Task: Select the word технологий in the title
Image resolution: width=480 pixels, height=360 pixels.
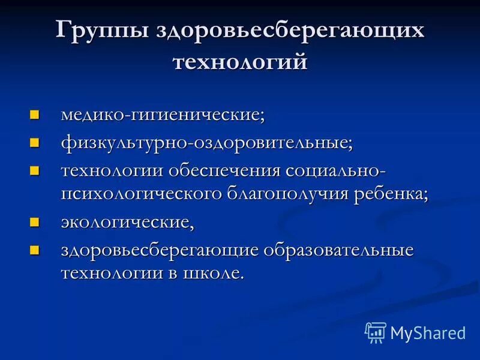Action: [240, 62]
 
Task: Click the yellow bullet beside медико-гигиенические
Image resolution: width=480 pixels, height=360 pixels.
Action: [35, 113]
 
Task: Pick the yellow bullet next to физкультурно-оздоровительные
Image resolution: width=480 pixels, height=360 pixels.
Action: [35, 142]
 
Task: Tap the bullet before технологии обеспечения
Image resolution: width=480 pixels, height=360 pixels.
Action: [35, 170]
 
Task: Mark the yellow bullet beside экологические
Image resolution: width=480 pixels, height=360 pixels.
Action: [35, 223]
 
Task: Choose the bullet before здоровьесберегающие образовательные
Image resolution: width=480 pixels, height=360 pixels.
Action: [35, 249]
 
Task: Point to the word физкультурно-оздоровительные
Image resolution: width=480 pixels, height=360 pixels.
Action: [206, 143]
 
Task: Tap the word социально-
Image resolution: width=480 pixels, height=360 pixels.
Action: [336, 171]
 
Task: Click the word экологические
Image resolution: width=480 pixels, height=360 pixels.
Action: [127, 223]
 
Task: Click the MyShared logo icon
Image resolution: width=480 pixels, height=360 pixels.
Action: [375, 332]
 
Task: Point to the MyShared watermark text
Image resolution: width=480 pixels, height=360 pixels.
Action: [428, 332]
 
